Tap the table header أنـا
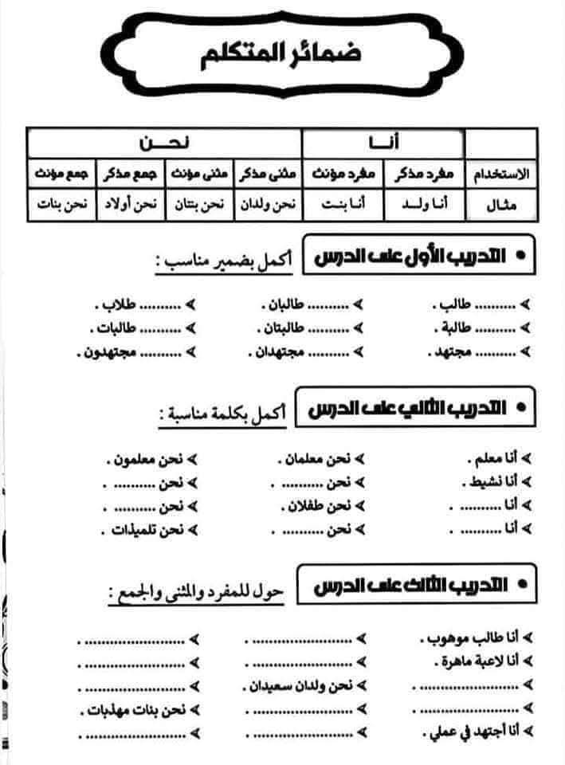(383, 141)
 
